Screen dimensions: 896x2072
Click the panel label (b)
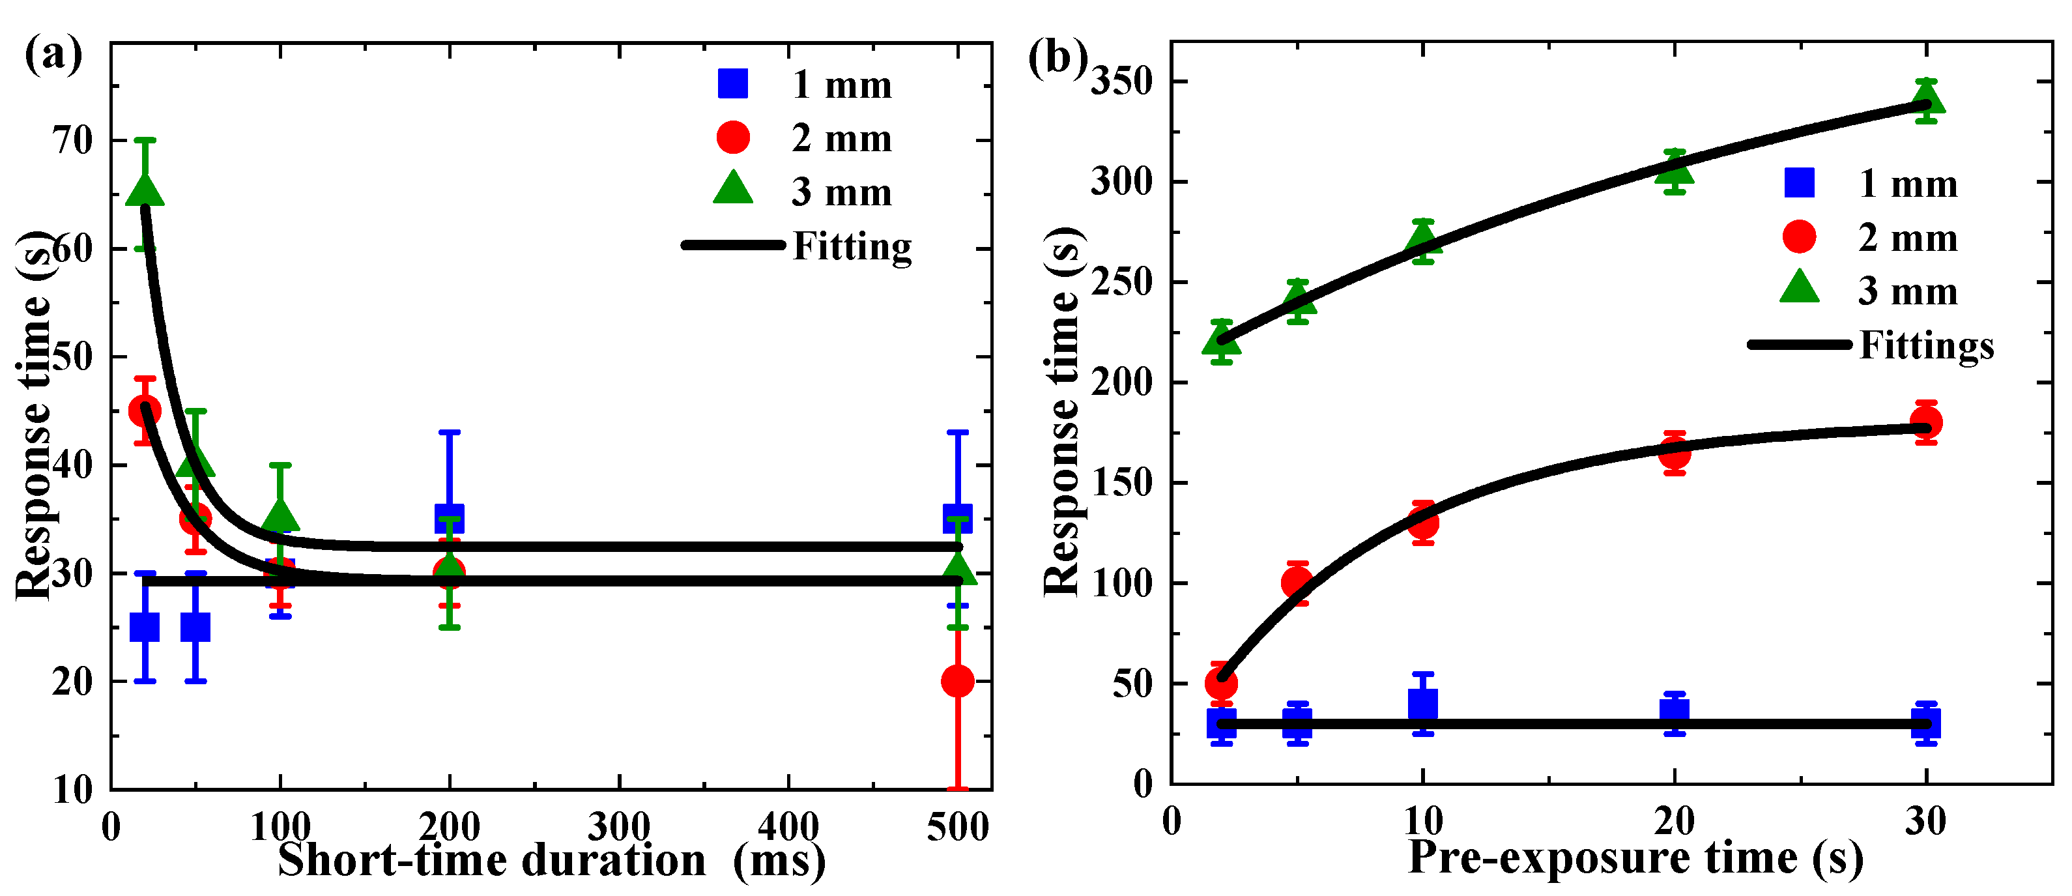tap(1057, 58)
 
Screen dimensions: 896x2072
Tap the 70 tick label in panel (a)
tap(73, 141)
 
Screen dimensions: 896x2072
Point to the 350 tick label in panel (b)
tap(1121, 81)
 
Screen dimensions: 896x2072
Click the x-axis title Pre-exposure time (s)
tap(1635, 858)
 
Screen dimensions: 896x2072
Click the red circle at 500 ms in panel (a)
tap(957, 681)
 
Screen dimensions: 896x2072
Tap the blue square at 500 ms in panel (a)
tap(957, 518)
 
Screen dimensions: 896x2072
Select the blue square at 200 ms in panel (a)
tap(449, 518)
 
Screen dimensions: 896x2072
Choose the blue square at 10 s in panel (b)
tap(1423, 704)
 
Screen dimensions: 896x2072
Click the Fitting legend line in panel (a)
tap(733, 244)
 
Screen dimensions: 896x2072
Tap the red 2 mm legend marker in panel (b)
tap(1800, 237)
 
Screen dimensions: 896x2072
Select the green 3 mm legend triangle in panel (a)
tap(733, 189)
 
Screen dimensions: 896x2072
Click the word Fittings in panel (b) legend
tap(1927, 345)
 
